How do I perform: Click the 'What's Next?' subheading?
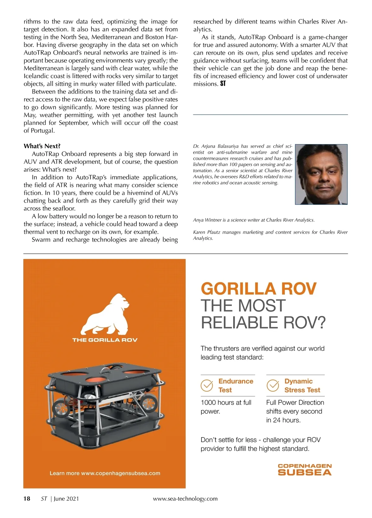tap(42, 146)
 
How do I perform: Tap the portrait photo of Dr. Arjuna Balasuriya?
tap(321, 174)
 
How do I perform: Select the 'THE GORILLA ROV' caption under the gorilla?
tap(105, 340)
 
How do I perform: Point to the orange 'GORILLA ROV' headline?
tap(259, 289)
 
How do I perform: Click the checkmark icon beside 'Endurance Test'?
tap(207, 385)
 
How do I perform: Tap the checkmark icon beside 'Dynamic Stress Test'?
tap(273, 385)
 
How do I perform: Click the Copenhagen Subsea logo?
tap(304, 470)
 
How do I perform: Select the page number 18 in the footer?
tap(27, 498)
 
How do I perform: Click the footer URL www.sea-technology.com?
tap(185, 498)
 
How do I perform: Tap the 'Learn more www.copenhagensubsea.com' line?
tap(105, 473)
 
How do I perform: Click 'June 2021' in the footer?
tap(66, 498)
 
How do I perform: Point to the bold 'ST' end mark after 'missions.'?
tap(223, 84)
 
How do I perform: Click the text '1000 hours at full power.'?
tap(226, 407)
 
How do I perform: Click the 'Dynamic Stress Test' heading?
tap(302, 385)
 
